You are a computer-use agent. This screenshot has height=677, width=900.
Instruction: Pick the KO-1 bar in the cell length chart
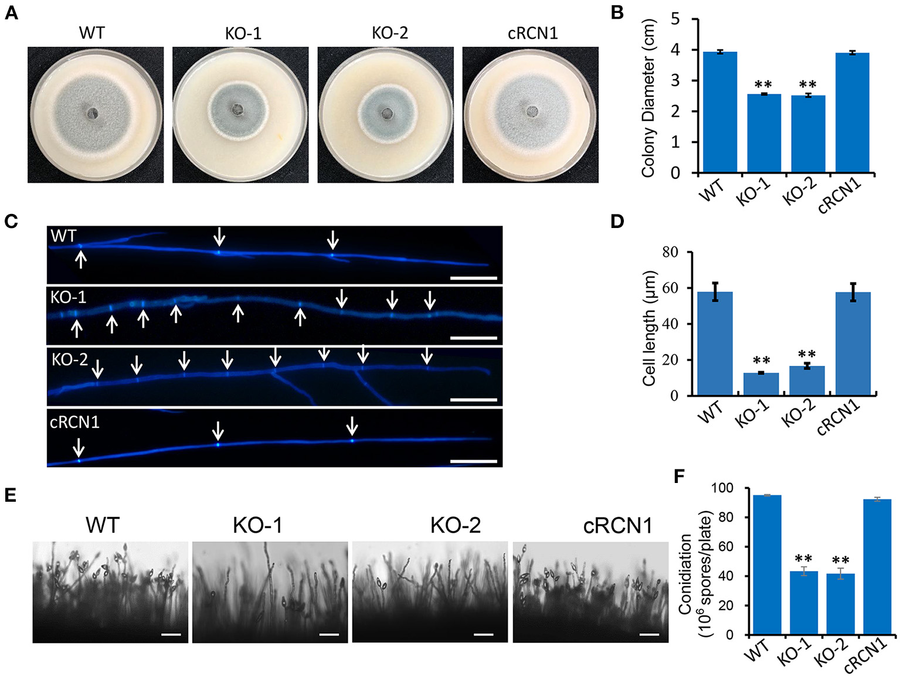761,384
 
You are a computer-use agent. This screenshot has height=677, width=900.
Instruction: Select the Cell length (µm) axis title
648,328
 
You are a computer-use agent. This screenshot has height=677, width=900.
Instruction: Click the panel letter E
11,495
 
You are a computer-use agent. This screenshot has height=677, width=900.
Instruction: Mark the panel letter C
11,222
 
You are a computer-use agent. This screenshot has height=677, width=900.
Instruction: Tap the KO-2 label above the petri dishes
390,33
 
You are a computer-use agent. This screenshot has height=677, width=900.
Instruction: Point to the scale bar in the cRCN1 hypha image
474,461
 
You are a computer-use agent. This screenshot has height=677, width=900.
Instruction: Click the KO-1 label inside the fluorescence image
69,298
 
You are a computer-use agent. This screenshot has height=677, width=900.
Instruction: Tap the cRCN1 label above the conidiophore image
617,526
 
